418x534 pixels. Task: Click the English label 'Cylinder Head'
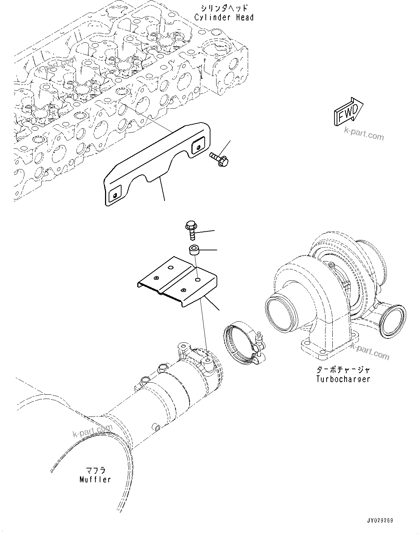[224, 17]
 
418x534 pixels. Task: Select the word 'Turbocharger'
[343, 379]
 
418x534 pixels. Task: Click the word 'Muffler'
[95, 479]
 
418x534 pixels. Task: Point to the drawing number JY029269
[380, 521]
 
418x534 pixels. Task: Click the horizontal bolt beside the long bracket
[219, 159]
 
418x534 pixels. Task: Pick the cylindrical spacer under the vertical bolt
[194, 249]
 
